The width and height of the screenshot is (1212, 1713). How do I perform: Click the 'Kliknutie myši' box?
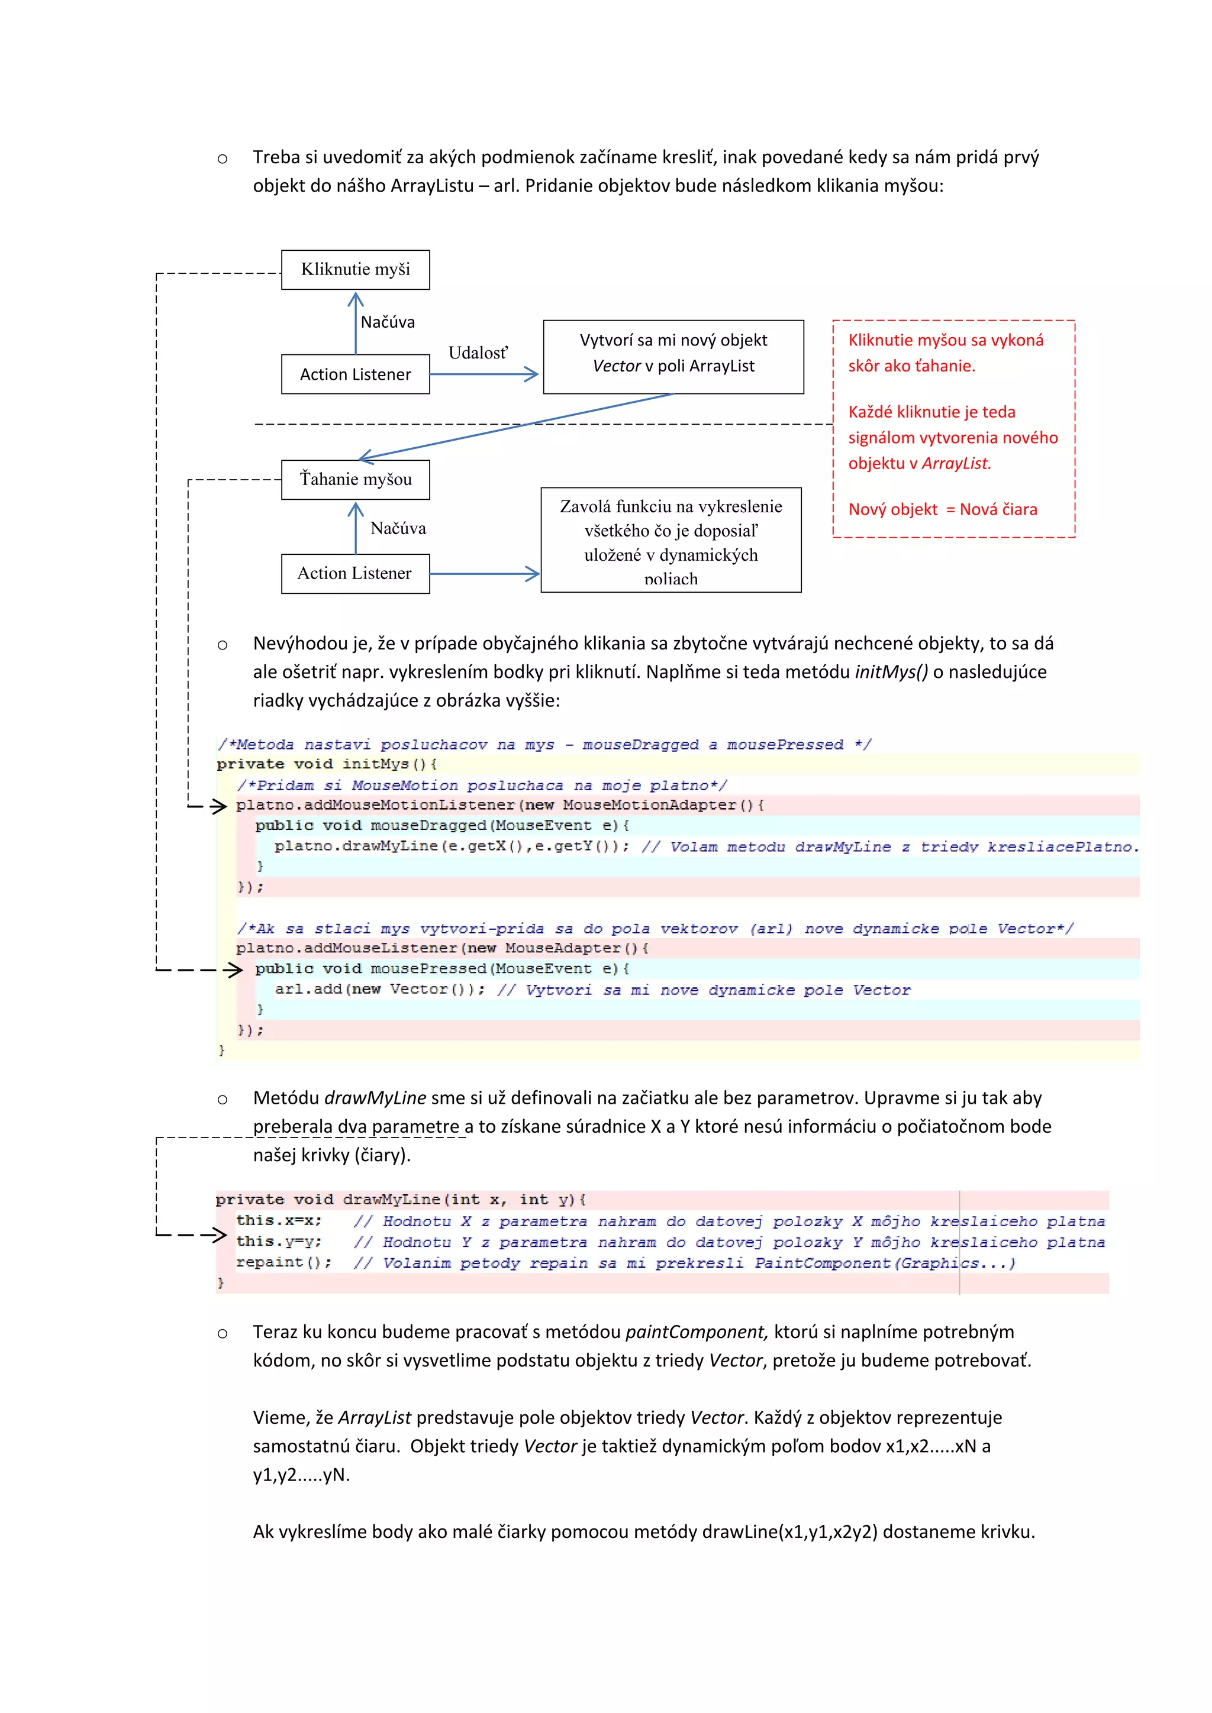pos(355,269)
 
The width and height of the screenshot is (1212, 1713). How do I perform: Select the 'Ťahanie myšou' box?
pos(355,479)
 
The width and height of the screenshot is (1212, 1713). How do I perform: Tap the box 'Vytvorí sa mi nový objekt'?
pos(673,357)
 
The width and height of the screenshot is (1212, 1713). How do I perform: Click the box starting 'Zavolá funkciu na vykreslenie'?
pos(671,540)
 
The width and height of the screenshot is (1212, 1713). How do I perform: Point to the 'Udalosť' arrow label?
pos(478,353)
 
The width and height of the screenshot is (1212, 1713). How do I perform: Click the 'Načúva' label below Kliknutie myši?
pos(388,322)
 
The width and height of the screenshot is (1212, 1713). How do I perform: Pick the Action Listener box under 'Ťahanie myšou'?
pos(355,573)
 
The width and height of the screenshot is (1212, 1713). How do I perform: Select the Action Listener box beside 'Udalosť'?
pos(355,374)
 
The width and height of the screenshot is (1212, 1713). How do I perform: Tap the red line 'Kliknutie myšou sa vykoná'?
pos(946,340)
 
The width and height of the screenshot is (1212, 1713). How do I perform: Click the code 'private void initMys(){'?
pos(327,764)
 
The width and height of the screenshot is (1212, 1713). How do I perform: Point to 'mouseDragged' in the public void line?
pos(428,826)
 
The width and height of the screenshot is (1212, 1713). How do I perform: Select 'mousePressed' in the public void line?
pos(428,969)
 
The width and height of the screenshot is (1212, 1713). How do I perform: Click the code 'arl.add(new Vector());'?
pos(379,990)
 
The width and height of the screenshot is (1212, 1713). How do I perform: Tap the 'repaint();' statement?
pos(283,1262)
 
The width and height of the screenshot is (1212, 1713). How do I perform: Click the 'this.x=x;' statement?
pos(278,1221)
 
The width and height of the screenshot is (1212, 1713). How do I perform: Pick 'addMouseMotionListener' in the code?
pos(409,805)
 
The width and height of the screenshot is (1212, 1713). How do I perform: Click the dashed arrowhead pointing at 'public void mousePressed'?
pos(234,970)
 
